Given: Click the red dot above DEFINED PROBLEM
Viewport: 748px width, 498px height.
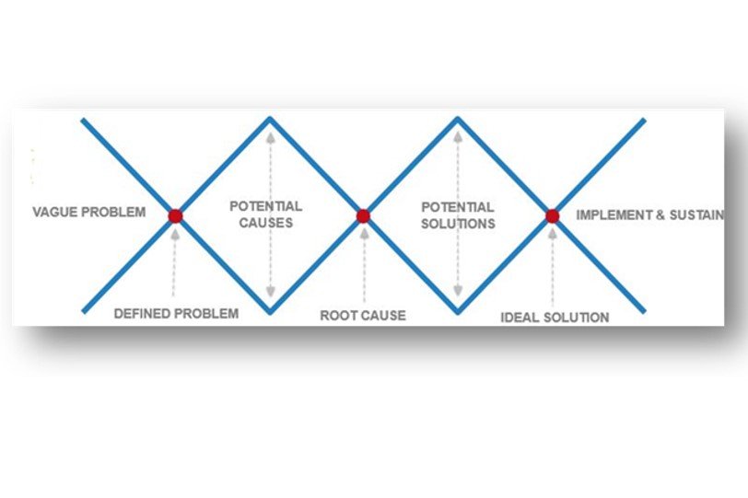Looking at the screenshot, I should click(x=175, y=215).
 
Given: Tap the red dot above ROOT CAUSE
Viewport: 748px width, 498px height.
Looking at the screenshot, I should click(x=363, y=215).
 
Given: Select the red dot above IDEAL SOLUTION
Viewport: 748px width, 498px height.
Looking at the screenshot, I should click(x=552, y=215).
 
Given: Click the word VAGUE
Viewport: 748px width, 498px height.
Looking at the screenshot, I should click(x=53, y=213).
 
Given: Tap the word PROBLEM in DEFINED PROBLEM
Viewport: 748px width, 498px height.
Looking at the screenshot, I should click(x=207, y=314).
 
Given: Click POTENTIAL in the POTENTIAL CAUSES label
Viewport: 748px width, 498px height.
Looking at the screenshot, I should click(x=266, y=207).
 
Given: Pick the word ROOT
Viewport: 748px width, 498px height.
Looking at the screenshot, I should click(x=339, y=316).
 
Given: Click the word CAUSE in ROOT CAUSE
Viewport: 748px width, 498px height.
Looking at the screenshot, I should click(x=384, y=316).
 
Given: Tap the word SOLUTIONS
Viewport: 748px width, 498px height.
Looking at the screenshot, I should click(x=458, y=224).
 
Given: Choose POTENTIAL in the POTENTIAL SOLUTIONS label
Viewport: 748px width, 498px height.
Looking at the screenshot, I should click(x=458, y=207).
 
